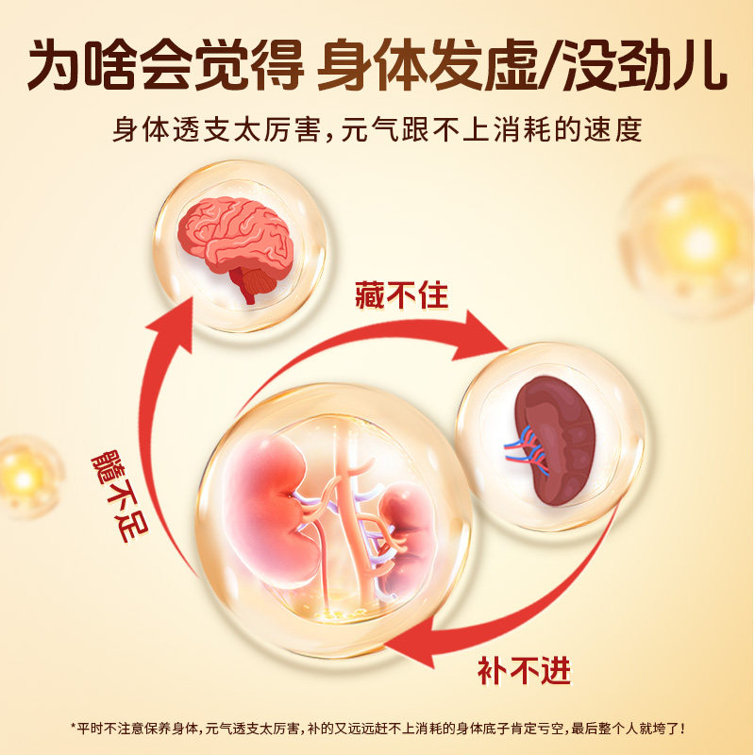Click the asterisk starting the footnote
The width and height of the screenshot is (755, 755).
[x=74, y=728]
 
